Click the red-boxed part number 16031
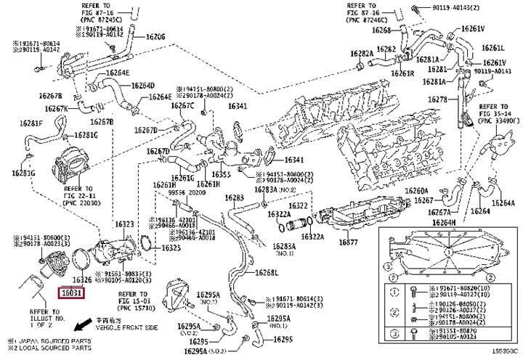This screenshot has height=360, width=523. (x=72, y=293)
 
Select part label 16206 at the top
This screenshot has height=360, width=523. (x=155, y=36)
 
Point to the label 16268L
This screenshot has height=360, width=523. (x=267, y=273)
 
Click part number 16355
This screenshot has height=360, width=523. (x=221, y=175)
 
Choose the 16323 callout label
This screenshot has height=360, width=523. (x=125, y=224)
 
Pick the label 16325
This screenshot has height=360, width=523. (x=171, y=247)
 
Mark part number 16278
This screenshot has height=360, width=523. (x=437, y=99)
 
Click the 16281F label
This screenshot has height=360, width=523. (x=31, y=123)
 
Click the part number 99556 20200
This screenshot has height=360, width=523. (x=185, y=194)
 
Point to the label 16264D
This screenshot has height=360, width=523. (x=142, y=85)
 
